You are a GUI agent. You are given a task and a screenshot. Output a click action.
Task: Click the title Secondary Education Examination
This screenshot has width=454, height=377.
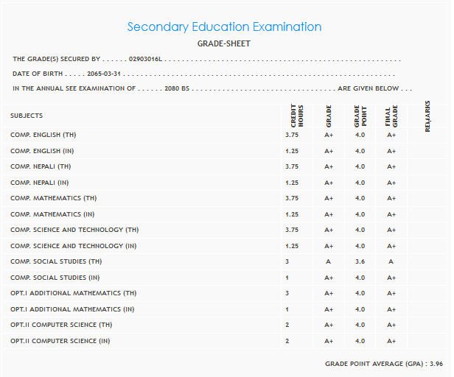click(224, 27)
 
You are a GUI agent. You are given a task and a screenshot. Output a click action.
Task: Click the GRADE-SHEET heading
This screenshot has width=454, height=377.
click(224, 44)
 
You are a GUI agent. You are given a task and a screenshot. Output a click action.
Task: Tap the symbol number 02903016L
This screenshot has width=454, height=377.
click(147, 59)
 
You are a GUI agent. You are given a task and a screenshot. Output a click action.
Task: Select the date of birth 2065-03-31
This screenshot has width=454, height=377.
click(103, 74)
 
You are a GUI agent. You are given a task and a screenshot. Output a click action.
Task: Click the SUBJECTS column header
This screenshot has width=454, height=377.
click(27, 116)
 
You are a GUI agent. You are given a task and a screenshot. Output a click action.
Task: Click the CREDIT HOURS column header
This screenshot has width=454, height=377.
click(296, 116)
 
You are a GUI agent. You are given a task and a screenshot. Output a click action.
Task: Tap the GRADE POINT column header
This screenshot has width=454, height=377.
click(360, 116)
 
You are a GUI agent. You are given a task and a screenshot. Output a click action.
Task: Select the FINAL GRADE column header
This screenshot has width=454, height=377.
click(391, 116)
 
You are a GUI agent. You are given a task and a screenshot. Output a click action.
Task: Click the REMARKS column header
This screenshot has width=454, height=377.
click(428, 116)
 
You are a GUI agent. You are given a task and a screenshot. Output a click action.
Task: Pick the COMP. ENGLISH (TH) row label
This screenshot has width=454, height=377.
click(43, 135)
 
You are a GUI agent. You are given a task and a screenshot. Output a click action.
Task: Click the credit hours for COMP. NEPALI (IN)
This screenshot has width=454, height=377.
click(291, 183)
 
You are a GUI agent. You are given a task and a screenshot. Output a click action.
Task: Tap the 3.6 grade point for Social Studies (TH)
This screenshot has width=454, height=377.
click(360, 261)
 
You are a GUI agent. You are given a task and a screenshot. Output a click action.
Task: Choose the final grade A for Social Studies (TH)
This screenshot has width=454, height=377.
click(391, 261)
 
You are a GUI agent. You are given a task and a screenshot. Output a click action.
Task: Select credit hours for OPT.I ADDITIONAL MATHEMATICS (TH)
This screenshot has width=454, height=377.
click(287, 293)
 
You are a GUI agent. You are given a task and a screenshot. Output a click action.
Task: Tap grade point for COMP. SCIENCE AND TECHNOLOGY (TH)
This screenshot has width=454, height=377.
click(360, 230)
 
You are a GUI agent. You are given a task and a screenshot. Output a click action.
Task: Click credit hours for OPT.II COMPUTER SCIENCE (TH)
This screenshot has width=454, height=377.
click(287, 325)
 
